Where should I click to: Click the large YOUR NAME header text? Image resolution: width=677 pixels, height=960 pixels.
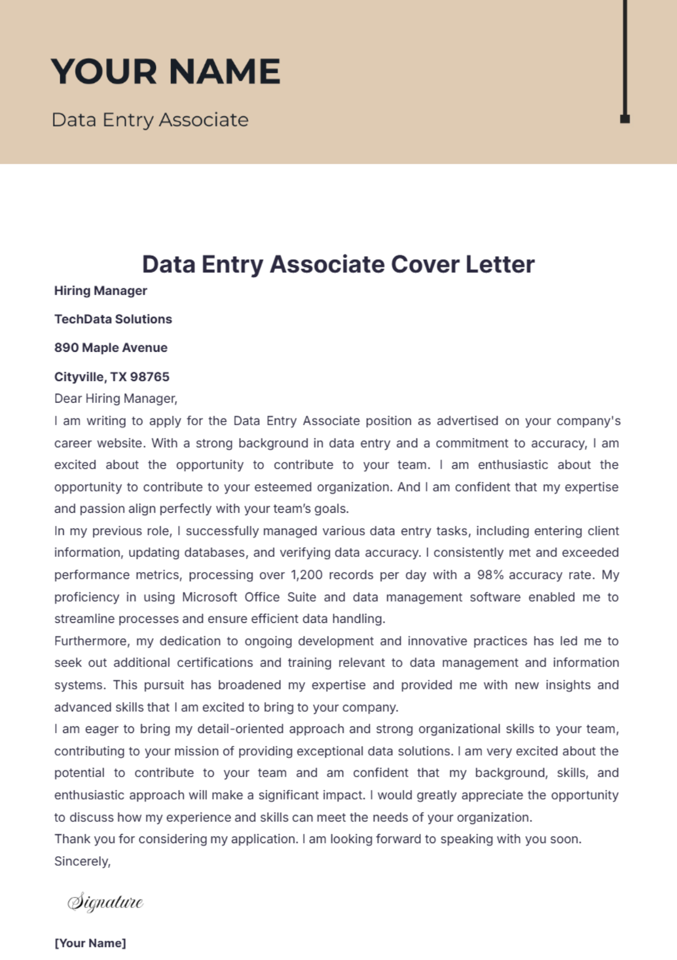[165, 72]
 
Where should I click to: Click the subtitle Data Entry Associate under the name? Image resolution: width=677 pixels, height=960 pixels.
[150, 120]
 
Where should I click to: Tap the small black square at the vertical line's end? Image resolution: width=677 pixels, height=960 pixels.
[625, 119]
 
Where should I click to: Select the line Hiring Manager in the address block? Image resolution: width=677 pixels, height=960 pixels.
[100, 291]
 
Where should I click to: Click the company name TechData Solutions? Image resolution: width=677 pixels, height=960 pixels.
[113, 319]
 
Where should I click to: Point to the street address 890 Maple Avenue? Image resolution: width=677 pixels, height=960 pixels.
[111, 348]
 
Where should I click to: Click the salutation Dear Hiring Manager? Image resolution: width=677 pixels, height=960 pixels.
[116, 399]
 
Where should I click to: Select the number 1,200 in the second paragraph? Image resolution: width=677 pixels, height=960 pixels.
[306, 575]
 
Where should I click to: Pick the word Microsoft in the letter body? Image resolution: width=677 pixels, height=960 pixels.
[209, 597]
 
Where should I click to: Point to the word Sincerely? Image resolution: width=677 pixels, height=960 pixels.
[82, 861]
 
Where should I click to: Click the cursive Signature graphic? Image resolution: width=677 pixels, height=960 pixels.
[105, 901]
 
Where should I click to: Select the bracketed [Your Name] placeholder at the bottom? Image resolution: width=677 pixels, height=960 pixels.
[90, 943]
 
